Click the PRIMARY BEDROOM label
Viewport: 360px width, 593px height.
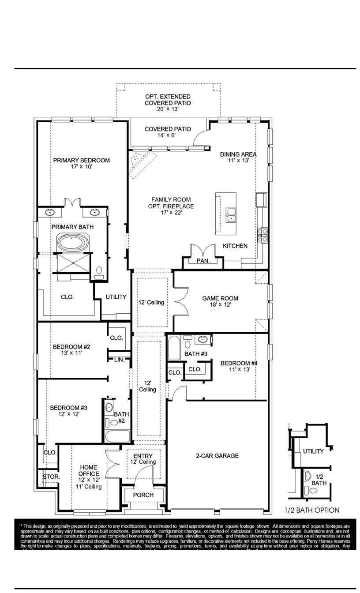81,160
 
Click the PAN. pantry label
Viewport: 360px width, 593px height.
203,261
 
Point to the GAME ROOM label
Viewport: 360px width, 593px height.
220,298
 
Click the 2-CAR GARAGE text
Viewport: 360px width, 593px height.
217,456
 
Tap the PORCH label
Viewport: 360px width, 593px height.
143,495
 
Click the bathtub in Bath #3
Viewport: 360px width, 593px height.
173,349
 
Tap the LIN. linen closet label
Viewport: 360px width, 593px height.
119,360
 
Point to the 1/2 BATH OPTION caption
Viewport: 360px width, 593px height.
312,510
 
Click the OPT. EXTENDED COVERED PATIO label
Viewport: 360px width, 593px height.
168,100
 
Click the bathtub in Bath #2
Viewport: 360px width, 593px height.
117,436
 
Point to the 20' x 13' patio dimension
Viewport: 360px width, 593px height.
168,109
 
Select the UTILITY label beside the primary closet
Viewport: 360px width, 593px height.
116,297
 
